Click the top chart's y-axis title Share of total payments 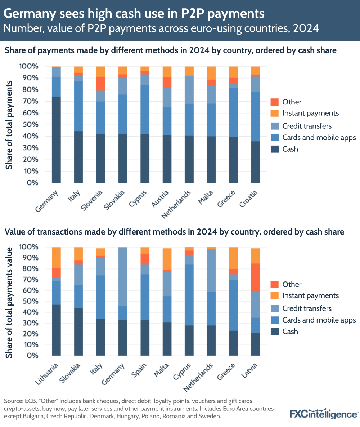[x=9, y=125]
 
